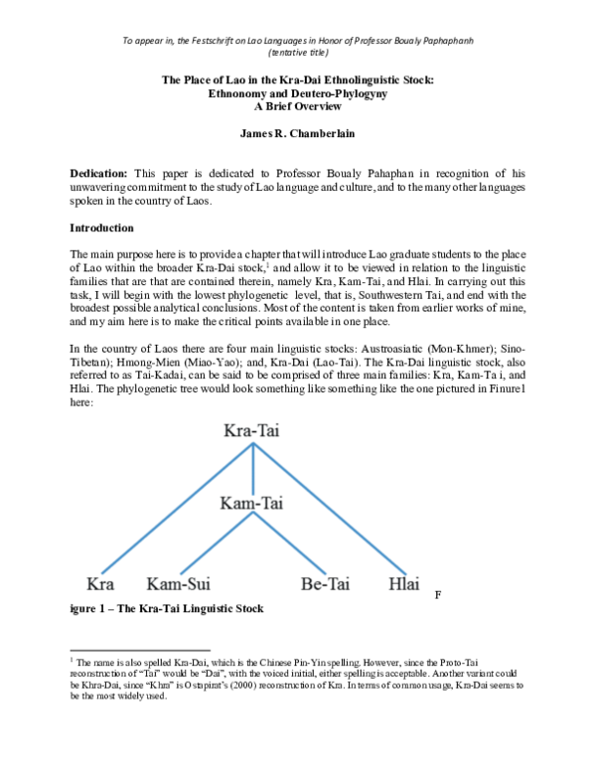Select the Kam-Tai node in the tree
[251, 504]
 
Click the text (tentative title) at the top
[298, 53]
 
